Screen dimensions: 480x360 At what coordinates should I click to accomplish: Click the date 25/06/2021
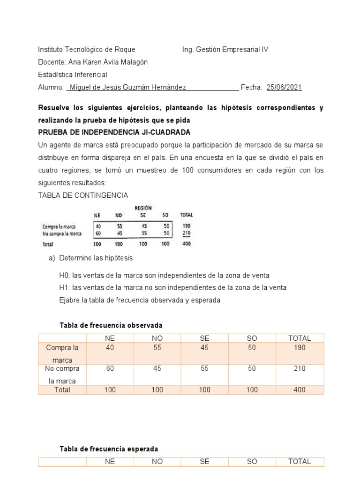point(284,87)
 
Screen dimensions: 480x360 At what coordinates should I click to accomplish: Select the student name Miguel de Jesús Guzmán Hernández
point(127,87)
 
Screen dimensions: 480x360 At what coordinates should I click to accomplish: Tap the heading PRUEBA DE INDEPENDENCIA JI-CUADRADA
point(114,132)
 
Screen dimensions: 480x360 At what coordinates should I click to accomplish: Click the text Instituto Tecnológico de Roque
point(86,49)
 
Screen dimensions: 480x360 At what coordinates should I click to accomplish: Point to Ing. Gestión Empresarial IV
point(225,49)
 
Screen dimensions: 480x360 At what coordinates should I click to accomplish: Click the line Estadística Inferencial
point(72,75)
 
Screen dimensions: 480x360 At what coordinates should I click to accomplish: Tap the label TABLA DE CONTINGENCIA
point(82,195)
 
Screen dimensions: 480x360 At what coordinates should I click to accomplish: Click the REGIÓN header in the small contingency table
point(143,208)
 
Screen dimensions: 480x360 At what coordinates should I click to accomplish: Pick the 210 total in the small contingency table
point(187,233)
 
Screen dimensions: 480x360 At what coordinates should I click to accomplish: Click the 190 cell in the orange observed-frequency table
point(300,348)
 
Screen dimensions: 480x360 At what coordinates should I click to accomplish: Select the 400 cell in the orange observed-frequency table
point(300,390)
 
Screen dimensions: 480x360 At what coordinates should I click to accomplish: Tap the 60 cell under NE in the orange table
point(110,368)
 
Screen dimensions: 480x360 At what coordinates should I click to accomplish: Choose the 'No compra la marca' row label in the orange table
point(62,375)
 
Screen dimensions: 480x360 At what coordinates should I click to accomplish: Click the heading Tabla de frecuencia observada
point(111,325)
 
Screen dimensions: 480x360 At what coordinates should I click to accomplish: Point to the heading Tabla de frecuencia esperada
point(109,449)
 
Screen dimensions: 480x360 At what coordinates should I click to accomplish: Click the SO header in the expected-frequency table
point(252,461)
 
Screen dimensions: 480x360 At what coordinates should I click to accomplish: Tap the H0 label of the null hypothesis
point(65,275)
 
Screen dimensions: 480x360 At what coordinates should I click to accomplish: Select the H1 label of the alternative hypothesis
point(65,287)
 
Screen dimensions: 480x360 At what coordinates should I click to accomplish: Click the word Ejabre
point(70,300)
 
